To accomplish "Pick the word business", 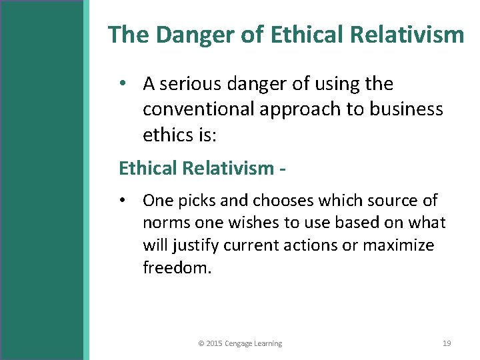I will [x=407, y=109].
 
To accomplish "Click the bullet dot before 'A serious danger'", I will [x=124, y=84].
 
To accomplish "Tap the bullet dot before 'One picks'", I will [x=124, y=200].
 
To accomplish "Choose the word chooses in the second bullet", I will [x=283, y=201].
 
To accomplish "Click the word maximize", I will [x=398, y=246].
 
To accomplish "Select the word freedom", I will [x=177, y=268].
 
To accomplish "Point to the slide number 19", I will [x=447, y=343].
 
